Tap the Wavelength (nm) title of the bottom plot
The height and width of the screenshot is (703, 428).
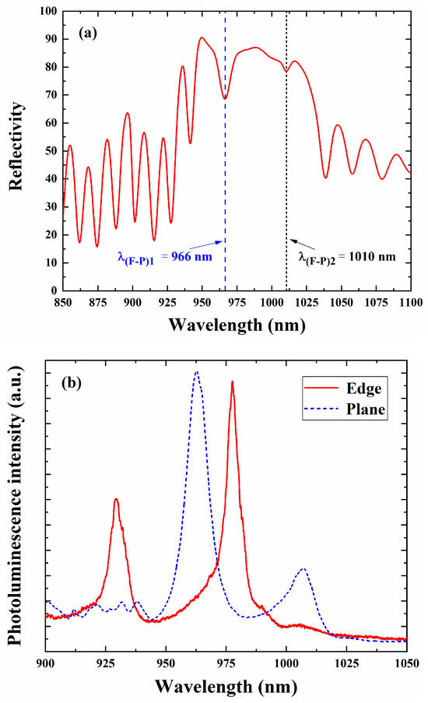(226, 686)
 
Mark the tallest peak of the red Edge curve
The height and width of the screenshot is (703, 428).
(232, 382)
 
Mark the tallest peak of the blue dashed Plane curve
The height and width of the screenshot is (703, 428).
(196, 371)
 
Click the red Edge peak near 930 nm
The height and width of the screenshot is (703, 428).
(116, 499)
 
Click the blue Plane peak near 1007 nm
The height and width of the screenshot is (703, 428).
(303, 569)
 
